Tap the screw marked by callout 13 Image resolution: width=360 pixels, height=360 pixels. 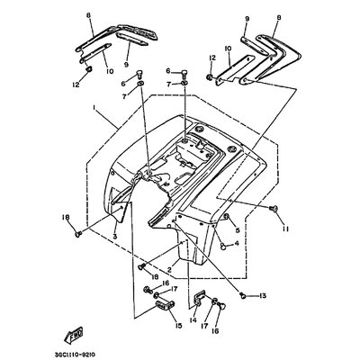coord(243,295)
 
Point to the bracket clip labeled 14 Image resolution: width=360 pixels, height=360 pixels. coord(199,301)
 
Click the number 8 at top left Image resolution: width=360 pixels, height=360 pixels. coord(89,16)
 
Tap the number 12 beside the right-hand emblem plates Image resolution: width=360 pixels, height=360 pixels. coord(211,57)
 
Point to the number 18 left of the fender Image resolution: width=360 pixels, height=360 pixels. coord(65,218)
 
